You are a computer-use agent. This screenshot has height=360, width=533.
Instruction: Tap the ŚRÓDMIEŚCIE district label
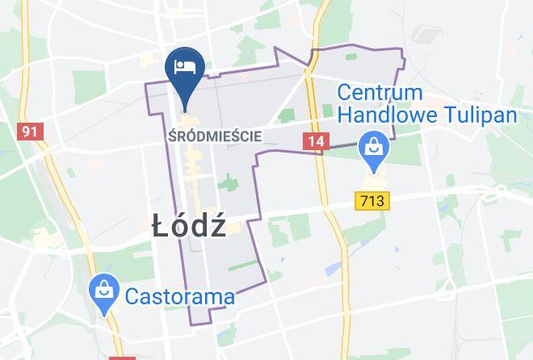215,136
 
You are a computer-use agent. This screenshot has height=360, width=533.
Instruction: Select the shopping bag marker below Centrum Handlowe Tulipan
374,149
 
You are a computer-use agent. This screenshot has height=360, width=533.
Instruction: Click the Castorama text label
180,296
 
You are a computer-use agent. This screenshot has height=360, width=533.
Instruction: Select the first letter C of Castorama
132,296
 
